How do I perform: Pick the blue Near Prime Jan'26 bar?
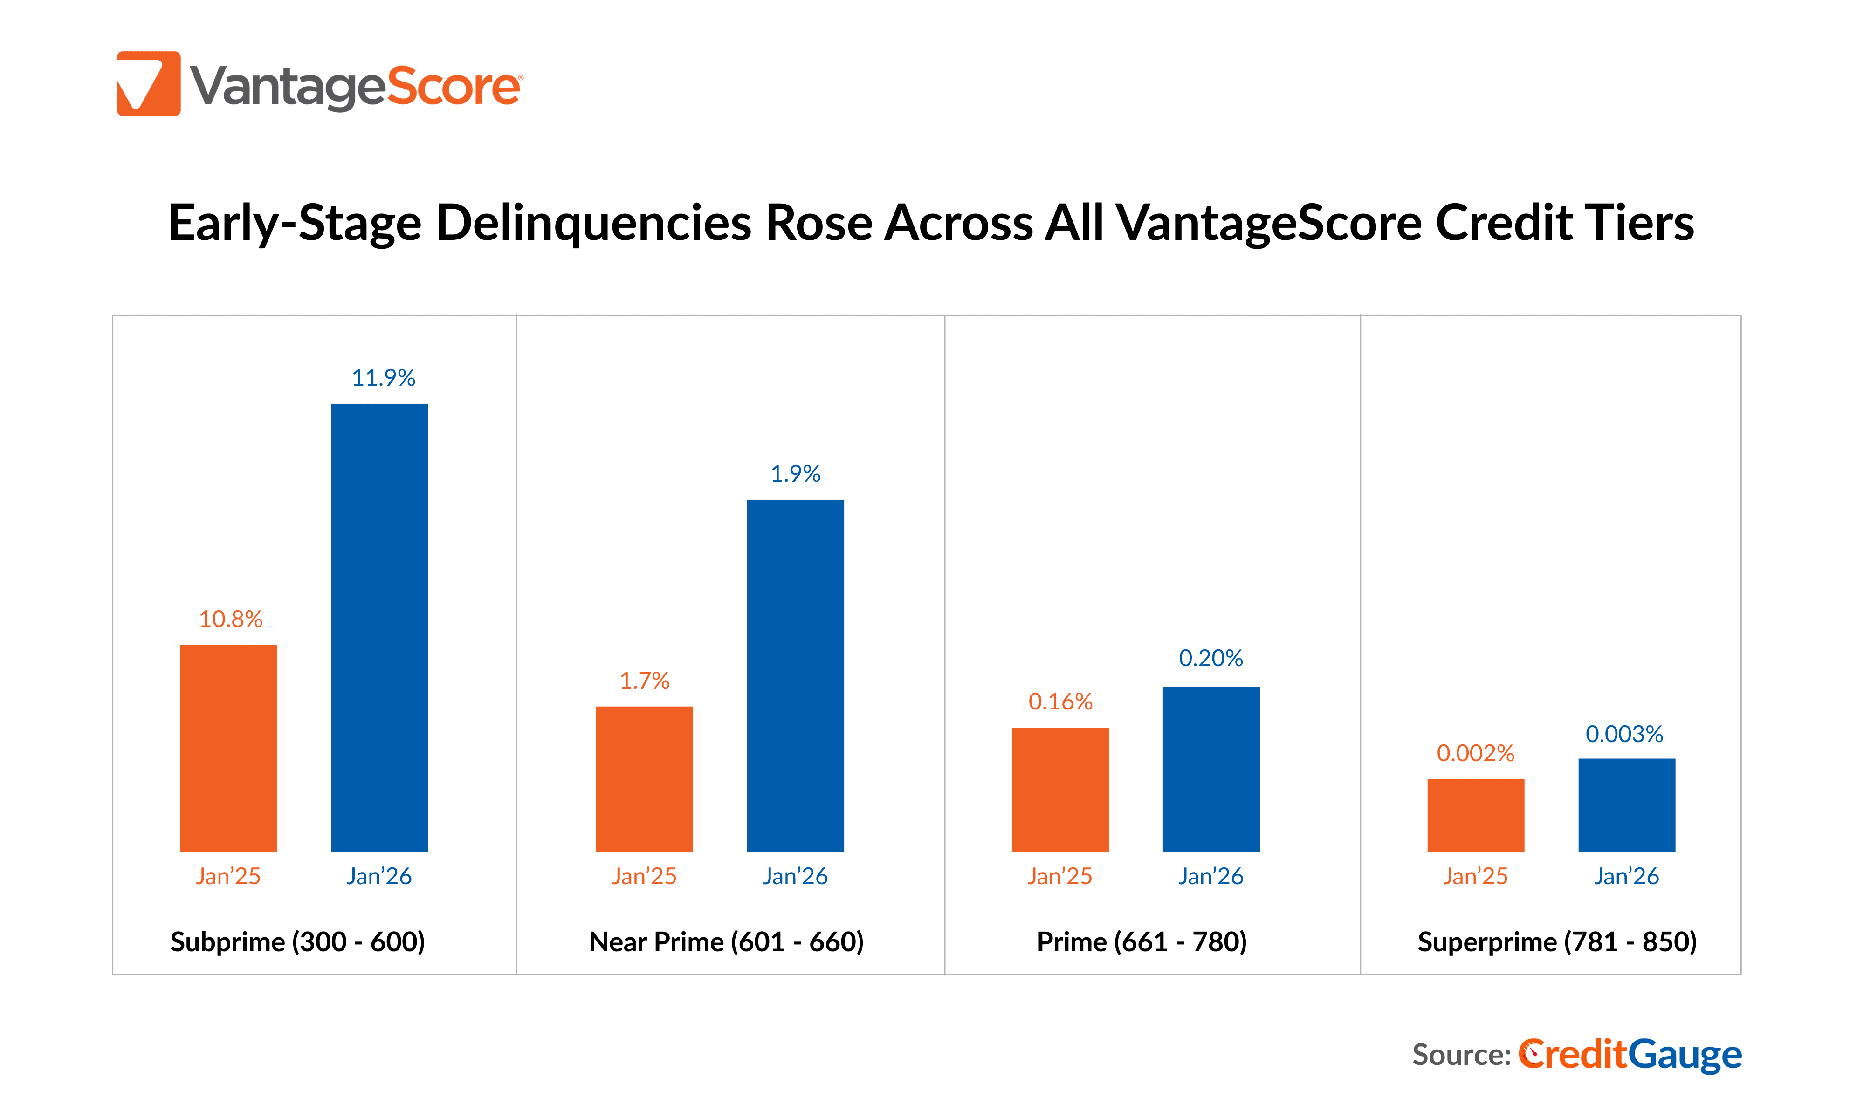coord(795,675)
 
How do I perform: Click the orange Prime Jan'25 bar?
coord(1059,789)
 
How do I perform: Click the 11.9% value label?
coord(383,377)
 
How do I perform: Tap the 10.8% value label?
coord(231,619)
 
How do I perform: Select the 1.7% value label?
coord(644,681)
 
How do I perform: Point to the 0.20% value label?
coord(1210,658)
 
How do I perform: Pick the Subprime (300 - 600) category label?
coord(297,941)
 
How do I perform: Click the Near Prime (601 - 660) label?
coord(726,941)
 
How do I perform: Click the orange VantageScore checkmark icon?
coord(149,83)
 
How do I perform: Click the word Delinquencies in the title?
coord(593,224)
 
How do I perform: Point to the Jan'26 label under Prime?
coord(1210,876)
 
